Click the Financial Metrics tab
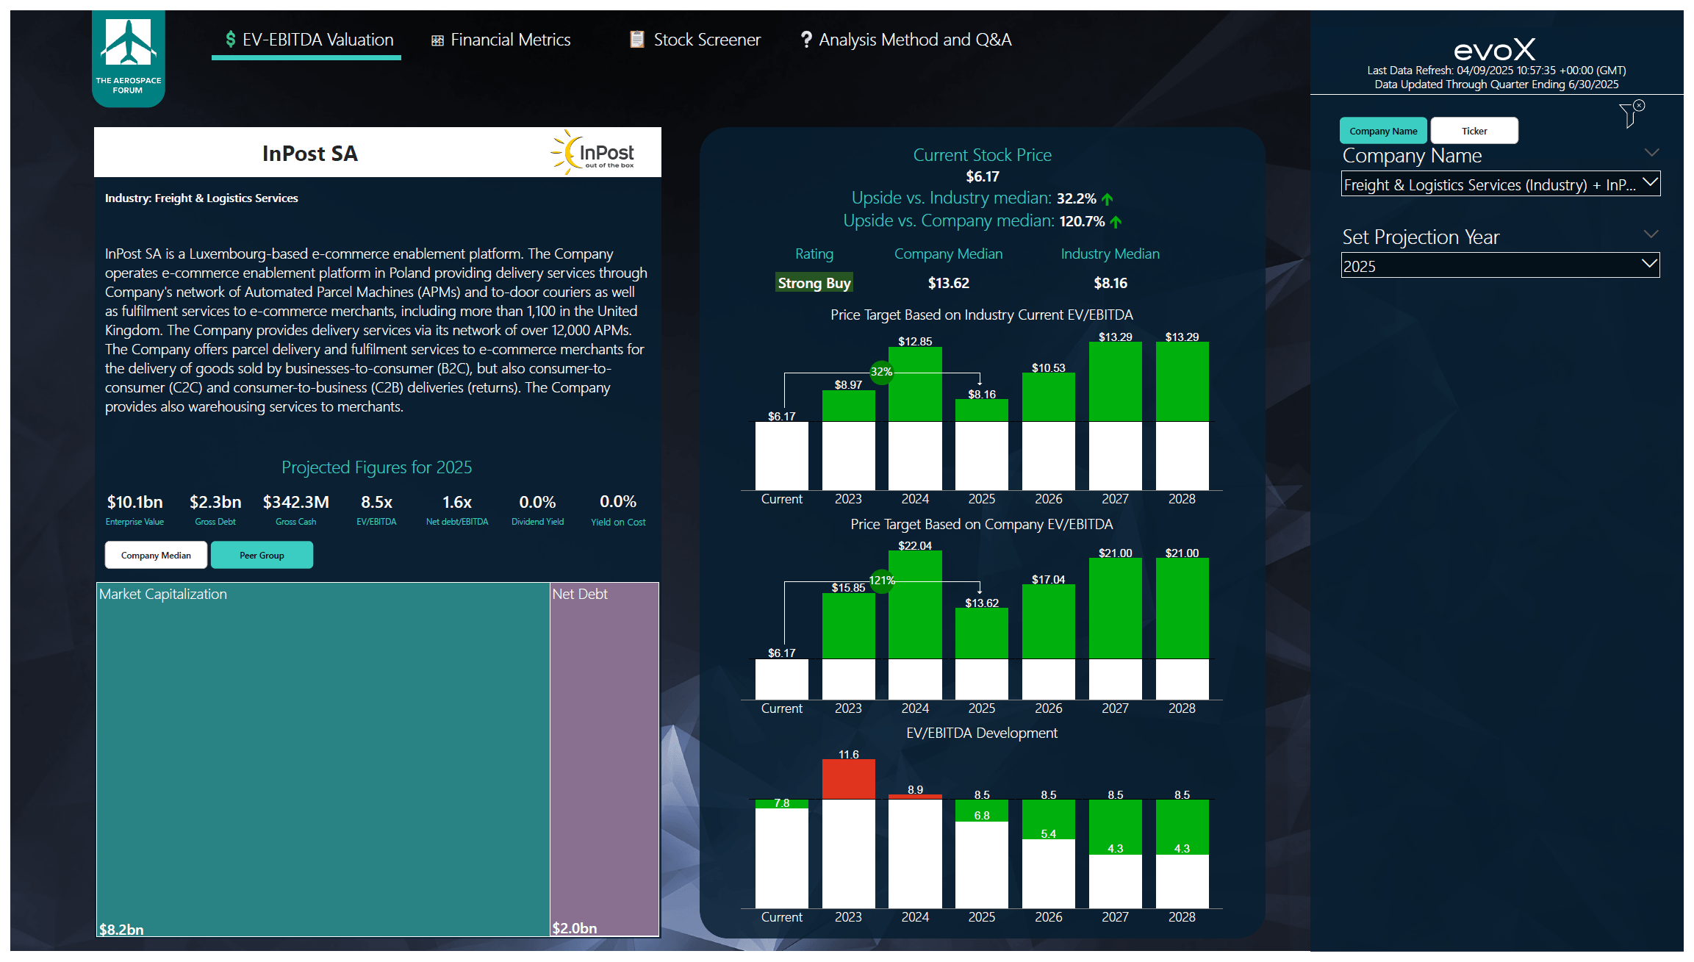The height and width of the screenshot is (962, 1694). (x=501, y=40)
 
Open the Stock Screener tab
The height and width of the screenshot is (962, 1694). (x=695, y=40)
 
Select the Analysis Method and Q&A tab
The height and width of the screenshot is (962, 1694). (x=906, y=40)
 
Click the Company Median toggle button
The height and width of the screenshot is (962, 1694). (x=156, y=556)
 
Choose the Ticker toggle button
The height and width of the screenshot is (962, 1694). (x=1474, y=131)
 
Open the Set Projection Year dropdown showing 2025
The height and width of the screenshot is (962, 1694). (x=1499, y=266)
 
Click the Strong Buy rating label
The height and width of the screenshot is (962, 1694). (x=814, y=283)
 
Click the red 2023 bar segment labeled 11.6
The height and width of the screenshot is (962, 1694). (x=848, y=779)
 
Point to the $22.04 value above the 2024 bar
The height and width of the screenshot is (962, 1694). (x=914, y=545)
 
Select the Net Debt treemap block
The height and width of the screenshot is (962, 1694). (x=604, y=757)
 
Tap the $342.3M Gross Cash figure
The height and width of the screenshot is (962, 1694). (x=295, y=502)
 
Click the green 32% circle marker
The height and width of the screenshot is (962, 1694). (x=881, y=372)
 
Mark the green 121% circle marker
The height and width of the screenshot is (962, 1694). (x=881, y=581)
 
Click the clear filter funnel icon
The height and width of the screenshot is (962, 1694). (x=1631, y=115)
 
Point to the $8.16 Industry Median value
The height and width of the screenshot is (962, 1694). (x=1110, y=283)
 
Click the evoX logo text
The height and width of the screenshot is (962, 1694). (x=1494, y=50)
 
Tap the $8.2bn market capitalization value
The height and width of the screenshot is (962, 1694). (x=121, y=929)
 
